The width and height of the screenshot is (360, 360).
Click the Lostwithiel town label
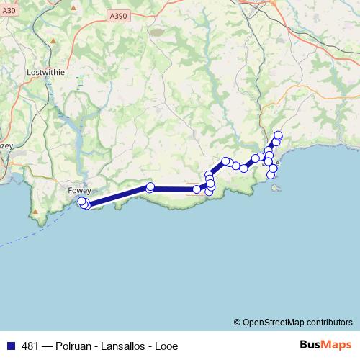46,73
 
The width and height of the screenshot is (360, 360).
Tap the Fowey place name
78,190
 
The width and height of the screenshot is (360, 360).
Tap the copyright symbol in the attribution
238,323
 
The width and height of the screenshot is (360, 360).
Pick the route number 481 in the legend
30,346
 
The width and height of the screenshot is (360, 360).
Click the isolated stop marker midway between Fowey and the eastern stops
150,187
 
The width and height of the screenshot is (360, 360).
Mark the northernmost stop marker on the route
279,135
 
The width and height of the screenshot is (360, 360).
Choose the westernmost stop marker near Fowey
81,202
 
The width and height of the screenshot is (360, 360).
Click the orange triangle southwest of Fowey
35,212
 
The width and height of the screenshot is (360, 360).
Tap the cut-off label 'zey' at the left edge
6,145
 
